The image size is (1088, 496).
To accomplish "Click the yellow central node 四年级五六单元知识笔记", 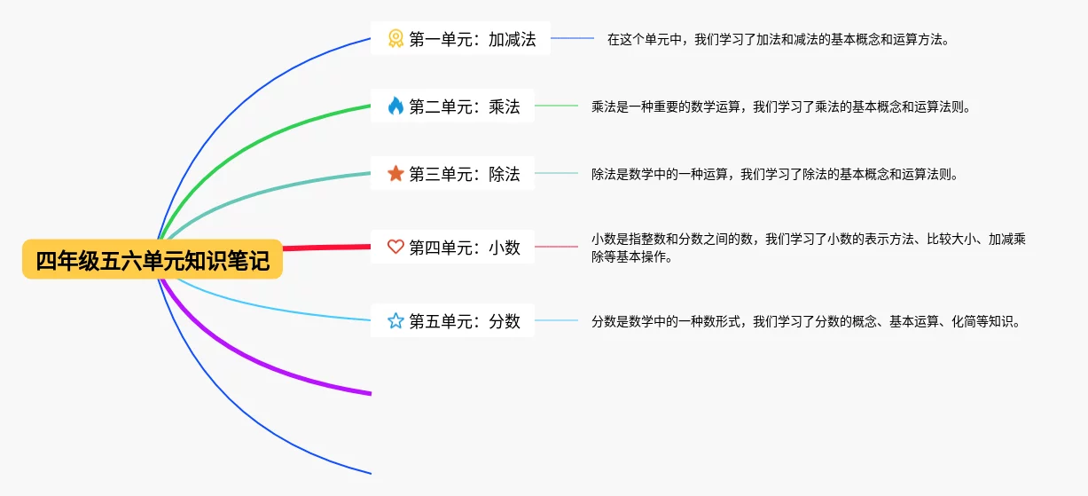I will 153,260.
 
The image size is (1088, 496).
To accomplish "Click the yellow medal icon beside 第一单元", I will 395,39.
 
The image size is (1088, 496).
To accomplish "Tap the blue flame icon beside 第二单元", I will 395,106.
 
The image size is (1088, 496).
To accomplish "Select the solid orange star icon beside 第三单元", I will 395,174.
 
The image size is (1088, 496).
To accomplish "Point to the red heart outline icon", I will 395,248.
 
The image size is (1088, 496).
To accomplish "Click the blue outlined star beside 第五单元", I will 395,321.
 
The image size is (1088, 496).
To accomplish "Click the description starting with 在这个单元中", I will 778,40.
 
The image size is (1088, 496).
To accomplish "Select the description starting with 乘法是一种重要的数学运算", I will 781,107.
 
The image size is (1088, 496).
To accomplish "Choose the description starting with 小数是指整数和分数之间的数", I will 808,248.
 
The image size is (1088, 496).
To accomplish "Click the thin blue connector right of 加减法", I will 572,39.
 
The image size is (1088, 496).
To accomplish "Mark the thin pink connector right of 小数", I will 556,248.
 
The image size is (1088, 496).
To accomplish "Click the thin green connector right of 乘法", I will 556,106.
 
